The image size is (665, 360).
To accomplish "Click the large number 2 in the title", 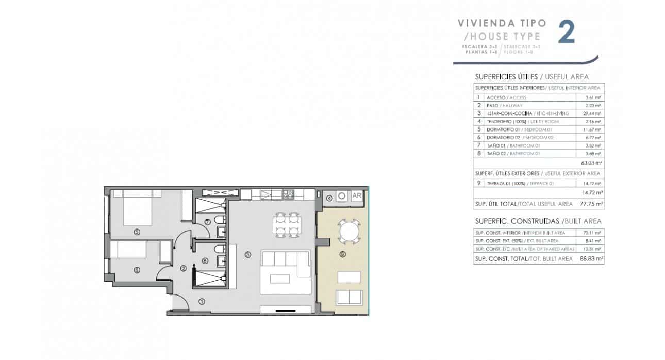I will [x=567, y=32].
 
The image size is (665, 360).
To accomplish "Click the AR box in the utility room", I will [x=357, y=196].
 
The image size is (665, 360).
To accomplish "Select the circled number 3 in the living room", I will [x=248, y=254].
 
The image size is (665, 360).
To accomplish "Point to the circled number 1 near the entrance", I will [x=202, y=301].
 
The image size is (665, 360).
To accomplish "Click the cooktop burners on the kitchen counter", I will [x=288, y=194].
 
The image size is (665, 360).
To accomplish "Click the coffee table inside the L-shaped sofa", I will [x=280, y=278].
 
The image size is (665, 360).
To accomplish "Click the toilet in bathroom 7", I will [x=219, y=222].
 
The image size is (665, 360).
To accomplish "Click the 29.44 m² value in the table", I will [x=593, y=113].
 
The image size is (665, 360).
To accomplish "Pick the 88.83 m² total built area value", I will [x=592, y=258].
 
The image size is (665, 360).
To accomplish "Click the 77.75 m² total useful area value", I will [x=592, y=204].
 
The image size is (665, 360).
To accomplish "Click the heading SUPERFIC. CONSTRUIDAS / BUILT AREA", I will [x=538, y=221].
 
